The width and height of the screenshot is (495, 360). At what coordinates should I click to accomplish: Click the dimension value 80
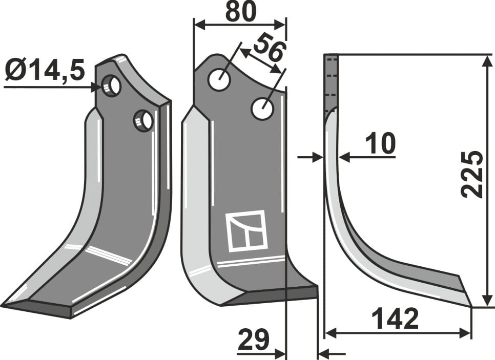[x=240, y=13]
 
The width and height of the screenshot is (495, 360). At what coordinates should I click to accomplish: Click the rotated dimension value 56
[x=268, y=47]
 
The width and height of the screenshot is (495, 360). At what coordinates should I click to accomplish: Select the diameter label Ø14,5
[x=45, y=70]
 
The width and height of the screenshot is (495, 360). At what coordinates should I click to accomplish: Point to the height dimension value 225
[x=471, y=175]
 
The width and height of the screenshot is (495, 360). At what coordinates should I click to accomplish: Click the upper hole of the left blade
[x=111, y=85]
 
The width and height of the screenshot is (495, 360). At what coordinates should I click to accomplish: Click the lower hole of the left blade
[x=143, y=121]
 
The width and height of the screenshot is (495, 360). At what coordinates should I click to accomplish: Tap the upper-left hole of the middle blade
[x=219, y=79]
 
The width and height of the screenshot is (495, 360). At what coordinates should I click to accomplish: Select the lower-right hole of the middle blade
[x=262, y=109]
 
